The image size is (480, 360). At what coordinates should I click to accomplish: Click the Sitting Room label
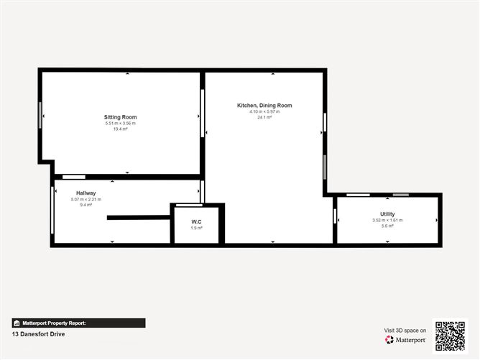point(120,117)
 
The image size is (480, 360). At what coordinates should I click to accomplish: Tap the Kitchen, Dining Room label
point(264,106)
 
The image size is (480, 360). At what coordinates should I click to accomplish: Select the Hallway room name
point(86,193)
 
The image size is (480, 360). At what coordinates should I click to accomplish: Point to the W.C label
point(196,221)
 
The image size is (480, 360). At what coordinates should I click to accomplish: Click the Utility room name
point(387,214)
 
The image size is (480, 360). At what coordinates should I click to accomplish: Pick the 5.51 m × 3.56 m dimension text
point(120,124)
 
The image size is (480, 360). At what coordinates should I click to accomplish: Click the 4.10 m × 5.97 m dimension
point(264,111)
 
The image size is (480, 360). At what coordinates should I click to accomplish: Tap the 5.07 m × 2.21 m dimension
point(86,199)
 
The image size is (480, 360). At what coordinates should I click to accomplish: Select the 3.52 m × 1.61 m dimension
point(387,220)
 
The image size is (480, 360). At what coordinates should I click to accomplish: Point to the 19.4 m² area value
point(120,129)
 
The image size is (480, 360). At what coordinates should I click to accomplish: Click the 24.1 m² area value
point(264,117)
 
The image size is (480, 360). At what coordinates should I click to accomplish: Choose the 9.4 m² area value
point(86,205)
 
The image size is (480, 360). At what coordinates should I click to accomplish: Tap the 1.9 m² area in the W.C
point(196,228)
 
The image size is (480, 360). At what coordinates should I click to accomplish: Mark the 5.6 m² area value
point(387,226)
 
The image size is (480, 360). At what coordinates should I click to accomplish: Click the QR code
point(450,336)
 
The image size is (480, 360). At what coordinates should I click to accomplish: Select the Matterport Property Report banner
point(79,323)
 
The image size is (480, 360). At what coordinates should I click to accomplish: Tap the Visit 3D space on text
point(405,331)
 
